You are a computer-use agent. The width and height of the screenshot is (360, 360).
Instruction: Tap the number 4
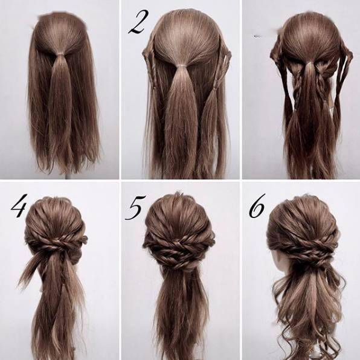(19, 205)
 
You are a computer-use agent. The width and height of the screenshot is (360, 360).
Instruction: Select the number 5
(135, 208)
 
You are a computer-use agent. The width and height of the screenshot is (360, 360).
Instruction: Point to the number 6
(257, 206)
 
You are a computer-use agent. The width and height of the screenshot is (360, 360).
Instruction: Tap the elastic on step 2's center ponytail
(181, 66)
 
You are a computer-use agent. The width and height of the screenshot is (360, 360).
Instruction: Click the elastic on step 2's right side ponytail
(216, 88)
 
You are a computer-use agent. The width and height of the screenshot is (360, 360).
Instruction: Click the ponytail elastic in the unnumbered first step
(60, 54)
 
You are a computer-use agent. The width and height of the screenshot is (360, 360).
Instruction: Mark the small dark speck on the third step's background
(257, 36)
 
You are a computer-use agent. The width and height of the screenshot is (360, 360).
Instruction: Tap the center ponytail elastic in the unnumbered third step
(310, 63)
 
